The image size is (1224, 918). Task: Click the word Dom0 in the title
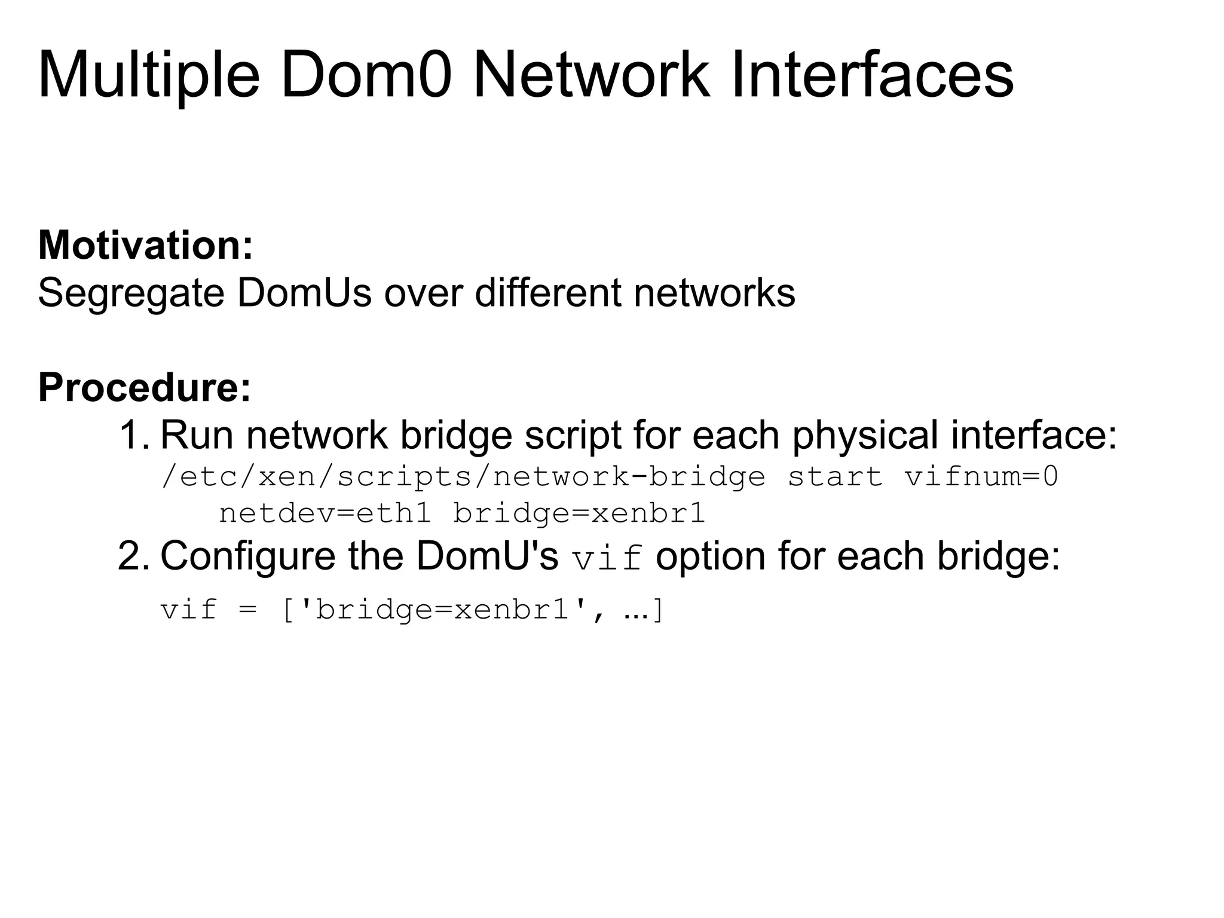[366, 76]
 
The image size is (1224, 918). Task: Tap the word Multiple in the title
[149, 76]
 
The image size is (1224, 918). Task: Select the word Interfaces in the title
[872, 76]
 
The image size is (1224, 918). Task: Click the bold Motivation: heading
[146, 246]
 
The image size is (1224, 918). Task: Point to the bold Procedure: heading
[145, 388]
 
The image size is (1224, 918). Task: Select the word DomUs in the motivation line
[304, 293]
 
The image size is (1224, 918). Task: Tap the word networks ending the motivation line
[714, 293]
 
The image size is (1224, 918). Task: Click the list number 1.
[133, 435]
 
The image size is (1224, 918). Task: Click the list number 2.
[133, 556]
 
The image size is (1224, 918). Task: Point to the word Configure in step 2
[248, 556]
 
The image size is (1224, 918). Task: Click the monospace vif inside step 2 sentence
[607, 558]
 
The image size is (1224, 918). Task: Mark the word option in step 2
[711, 556]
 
